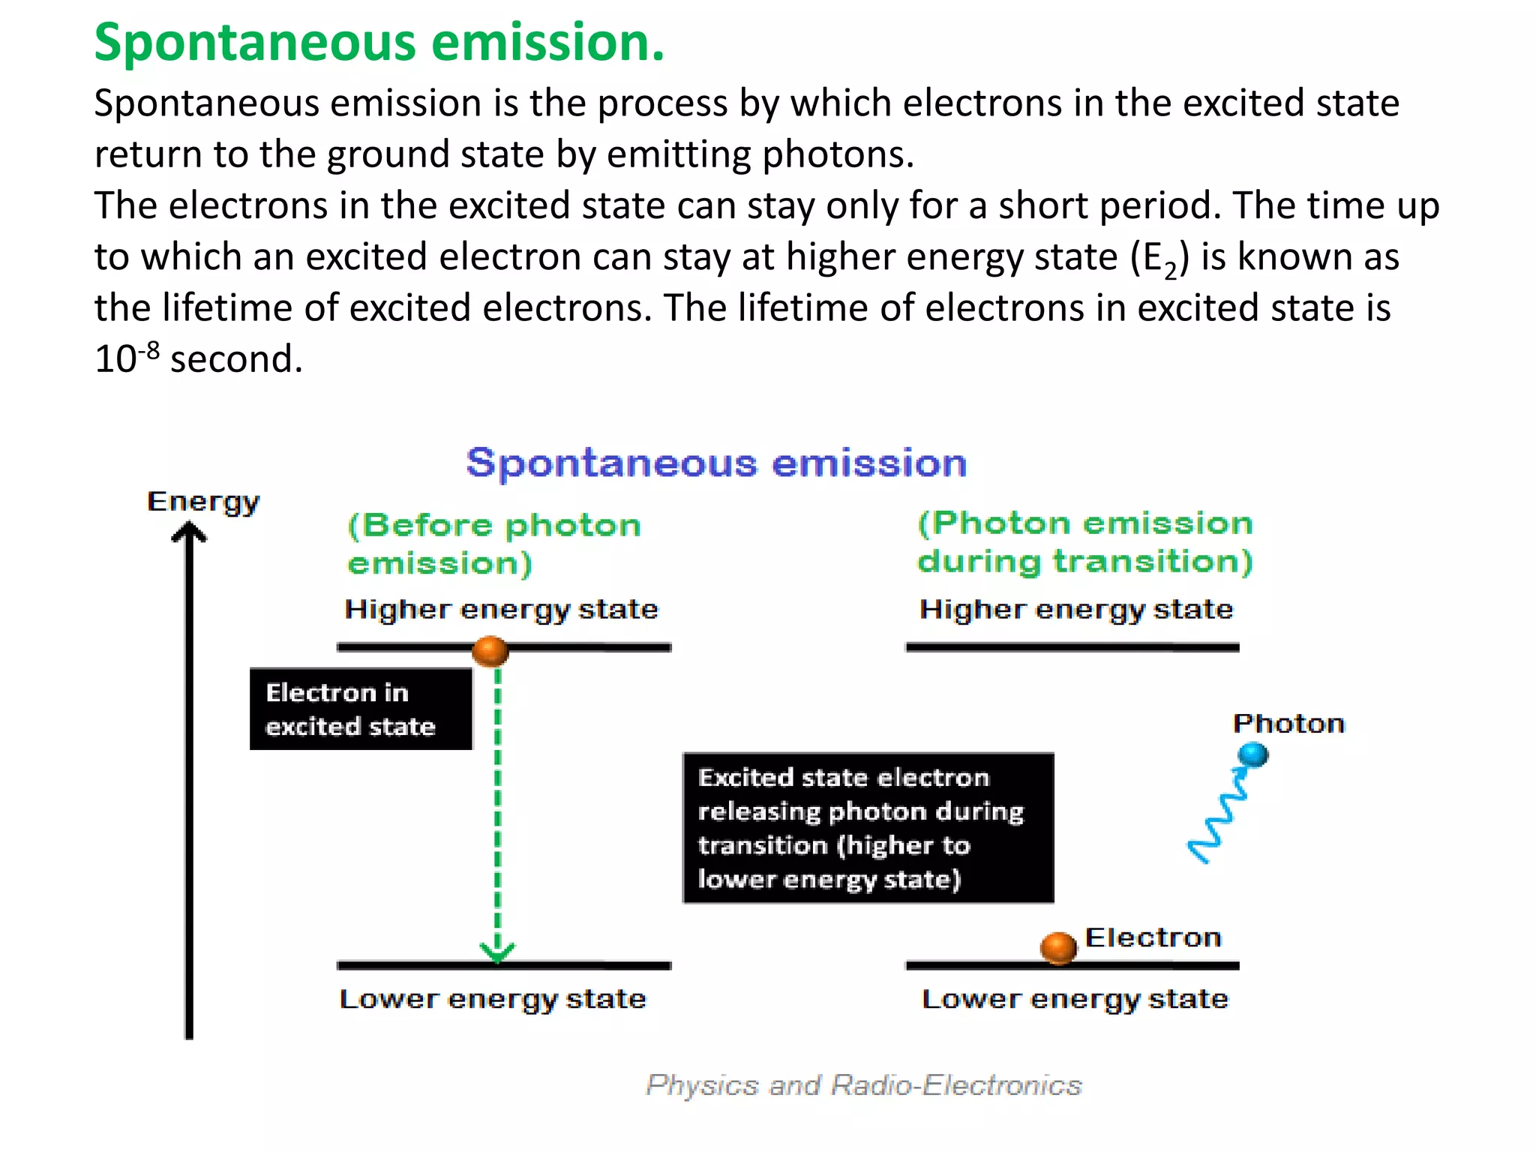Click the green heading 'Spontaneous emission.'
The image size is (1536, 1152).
379,42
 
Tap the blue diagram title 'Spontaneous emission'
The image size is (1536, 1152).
716,463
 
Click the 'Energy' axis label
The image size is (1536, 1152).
203,501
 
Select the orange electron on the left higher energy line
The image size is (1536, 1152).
490,650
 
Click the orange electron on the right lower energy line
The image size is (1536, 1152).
1058,948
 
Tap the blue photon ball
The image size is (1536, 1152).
1252,754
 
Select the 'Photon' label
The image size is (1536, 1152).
1288,724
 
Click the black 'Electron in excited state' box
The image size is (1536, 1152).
361,709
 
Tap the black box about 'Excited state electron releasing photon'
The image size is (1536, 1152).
868,828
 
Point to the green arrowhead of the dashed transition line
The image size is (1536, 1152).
496,952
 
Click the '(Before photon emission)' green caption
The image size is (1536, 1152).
494,544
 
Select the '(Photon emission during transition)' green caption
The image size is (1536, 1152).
1084,541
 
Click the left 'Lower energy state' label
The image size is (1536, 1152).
493,999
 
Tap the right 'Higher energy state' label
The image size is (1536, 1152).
1076,609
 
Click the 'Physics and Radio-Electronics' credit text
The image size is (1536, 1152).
864,1085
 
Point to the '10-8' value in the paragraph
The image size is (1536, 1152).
127,357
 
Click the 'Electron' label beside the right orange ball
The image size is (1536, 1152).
1153,937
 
